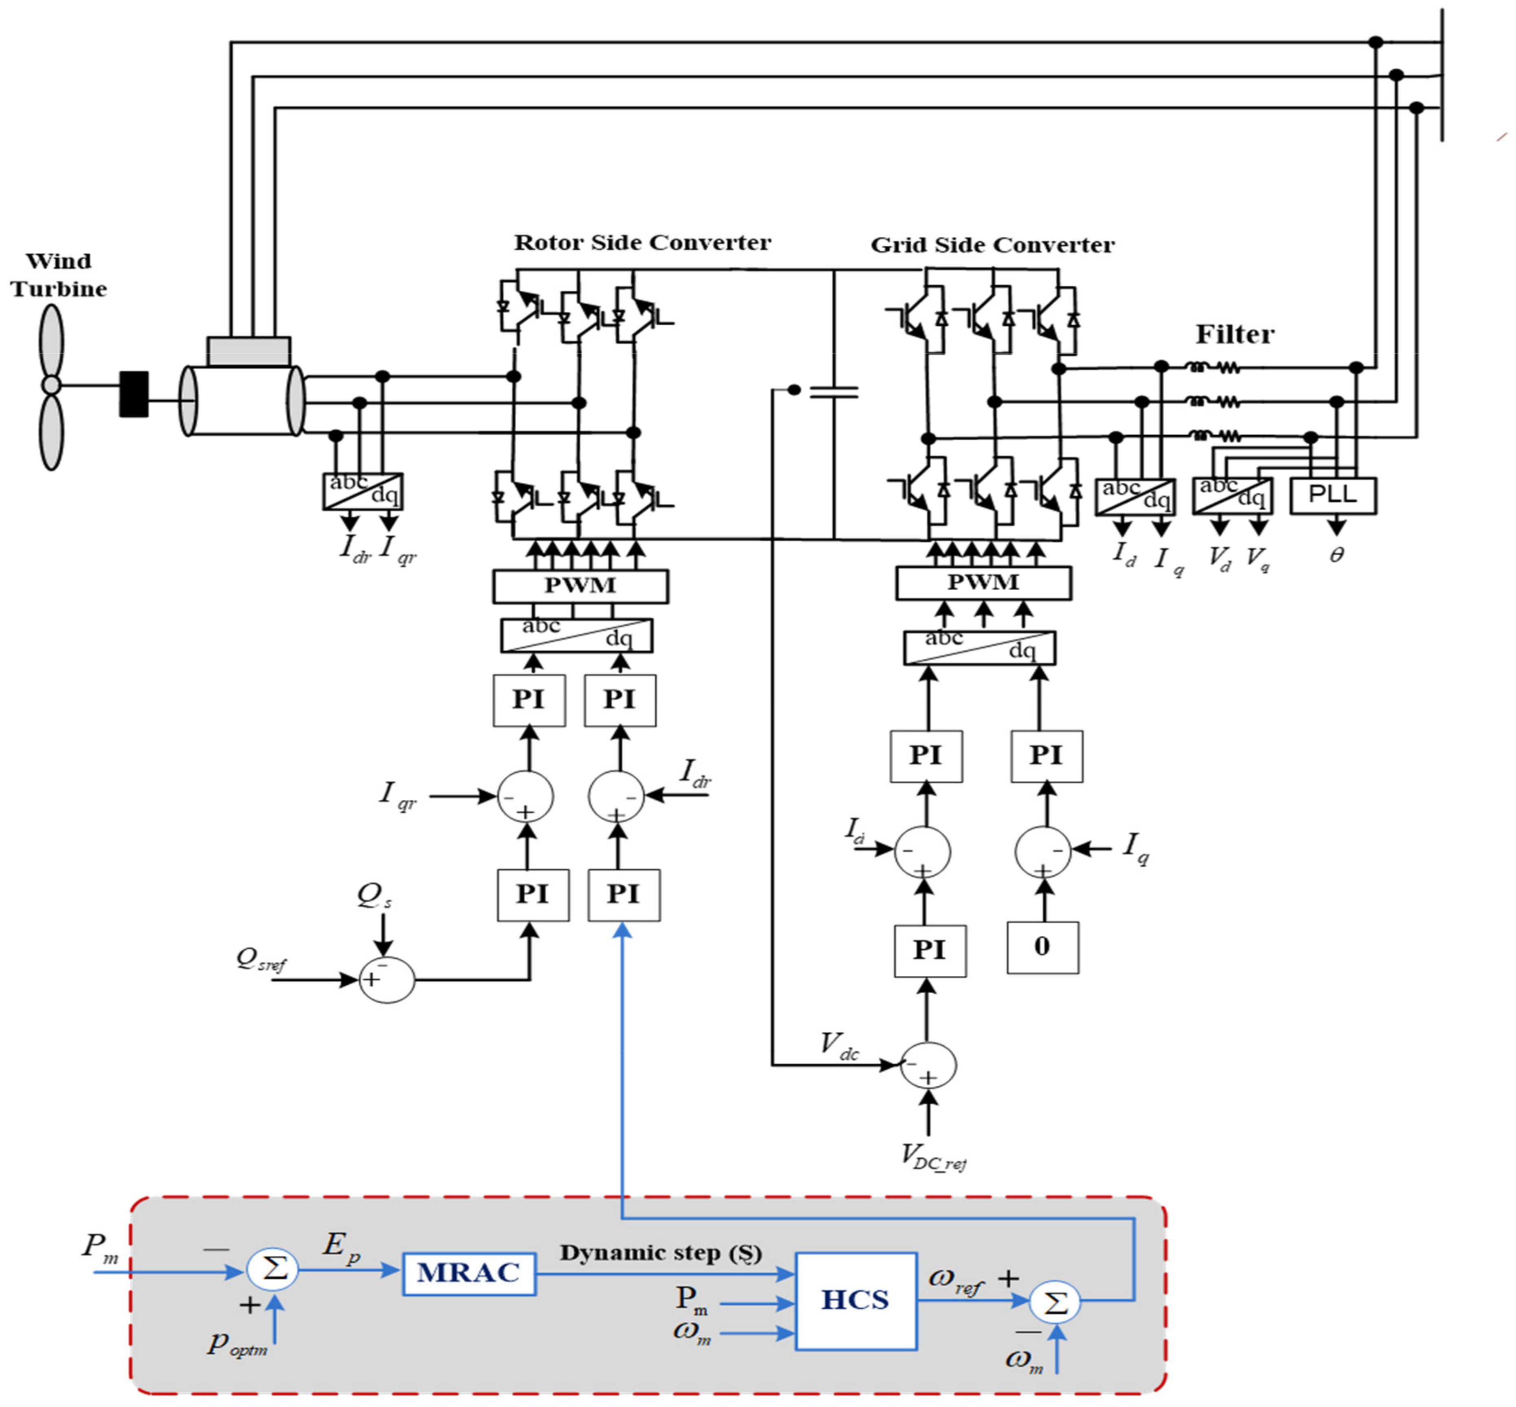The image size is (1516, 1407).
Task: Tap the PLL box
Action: [x=1332, y=495]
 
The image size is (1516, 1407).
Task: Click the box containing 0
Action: [x=1042, y=947]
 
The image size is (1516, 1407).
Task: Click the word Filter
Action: [x=1234, y=334]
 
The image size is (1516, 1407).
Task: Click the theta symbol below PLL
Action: [x=1336, y=555]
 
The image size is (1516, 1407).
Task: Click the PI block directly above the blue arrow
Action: [x=623, y=895]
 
